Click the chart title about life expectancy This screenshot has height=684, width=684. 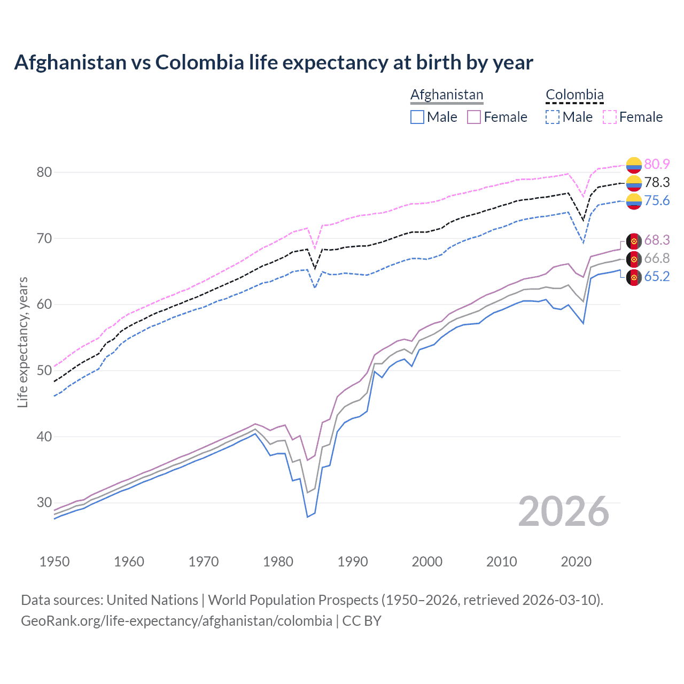click(273, 63)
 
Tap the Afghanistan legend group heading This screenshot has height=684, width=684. click(446, 95)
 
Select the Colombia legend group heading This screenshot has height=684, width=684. click(574, 95)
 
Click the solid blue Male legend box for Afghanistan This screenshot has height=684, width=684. click(417, 117)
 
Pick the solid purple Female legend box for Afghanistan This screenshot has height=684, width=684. click(474, 117)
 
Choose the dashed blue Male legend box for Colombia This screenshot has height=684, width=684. click(553, 117)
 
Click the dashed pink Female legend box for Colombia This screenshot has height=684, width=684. click(610, 117)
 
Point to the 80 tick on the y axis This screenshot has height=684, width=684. click(44, 172)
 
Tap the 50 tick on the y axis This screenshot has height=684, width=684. click(44, 370)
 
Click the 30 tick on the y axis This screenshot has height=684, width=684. click(44, 502)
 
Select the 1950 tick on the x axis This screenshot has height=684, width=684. click(55, 562)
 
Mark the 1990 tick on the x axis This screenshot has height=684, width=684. click(353, 562)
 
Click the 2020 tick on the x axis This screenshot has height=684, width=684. click(576, 562)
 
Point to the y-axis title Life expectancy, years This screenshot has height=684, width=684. click(22, 342)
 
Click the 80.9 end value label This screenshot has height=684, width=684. click(657, 164)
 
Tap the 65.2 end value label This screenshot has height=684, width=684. click(657, 276)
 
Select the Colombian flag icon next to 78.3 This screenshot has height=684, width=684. click(634, 183)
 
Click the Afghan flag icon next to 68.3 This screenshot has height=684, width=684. click(634, 241)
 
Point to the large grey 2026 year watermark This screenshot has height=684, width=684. click(564, 511)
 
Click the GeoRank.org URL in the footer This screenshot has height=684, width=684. click(176, 621)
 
